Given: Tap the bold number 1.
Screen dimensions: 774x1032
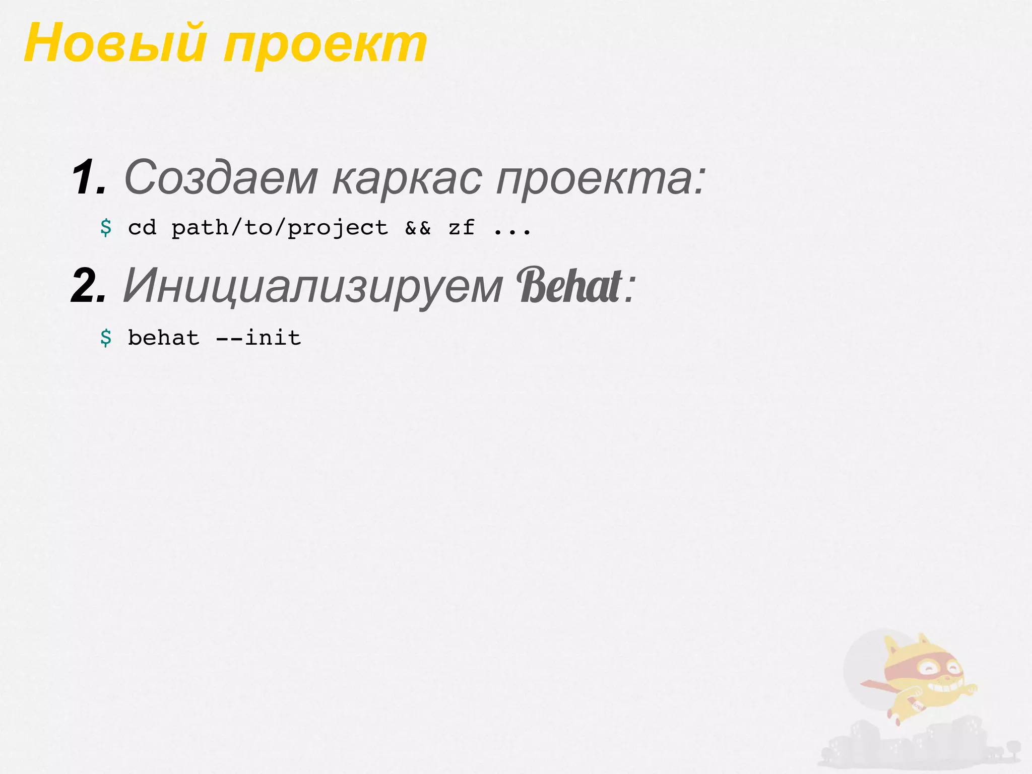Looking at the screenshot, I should pos(89,177).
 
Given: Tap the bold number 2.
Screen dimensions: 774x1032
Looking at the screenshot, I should pos(89,286).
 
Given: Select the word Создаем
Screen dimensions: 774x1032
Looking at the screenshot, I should pos(221,177).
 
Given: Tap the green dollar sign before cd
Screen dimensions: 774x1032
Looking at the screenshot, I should pos(106,228).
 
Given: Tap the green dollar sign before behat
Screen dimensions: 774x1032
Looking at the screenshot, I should pos(106,338).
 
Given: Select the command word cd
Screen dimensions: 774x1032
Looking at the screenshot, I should pos(142,228).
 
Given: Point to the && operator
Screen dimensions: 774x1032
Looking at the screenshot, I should pos(418,228).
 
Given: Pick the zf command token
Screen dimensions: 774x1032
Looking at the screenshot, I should pos(462,228).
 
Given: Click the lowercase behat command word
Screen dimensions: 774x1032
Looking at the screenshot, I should pos(164,338).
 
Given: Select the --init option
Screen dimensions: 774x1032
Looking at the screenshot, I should pos(259,338).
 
